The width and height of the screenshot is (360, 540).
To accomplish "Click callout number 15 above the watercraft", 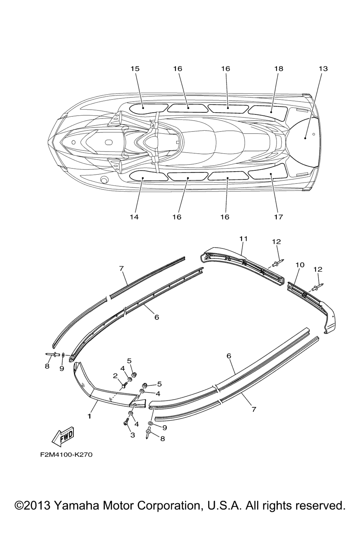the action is pos(135,69).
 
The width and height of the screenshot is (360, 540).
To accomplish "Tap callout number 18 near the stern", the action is pos(278,69).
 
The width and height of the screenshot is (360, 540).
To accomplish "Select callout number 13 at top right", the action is pos(323,69).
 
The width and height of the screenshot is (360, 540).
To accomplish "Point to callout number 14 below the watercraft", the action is pos(134,217).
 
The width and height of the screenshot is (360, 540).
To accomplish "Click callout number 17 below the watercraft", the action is pos(278,217).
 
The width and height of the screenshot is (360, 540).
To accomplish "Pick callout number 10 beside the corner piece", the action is pos(300,265).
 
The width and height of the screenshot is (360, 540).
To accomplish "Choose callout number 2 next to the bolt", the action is pos(115,375).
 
